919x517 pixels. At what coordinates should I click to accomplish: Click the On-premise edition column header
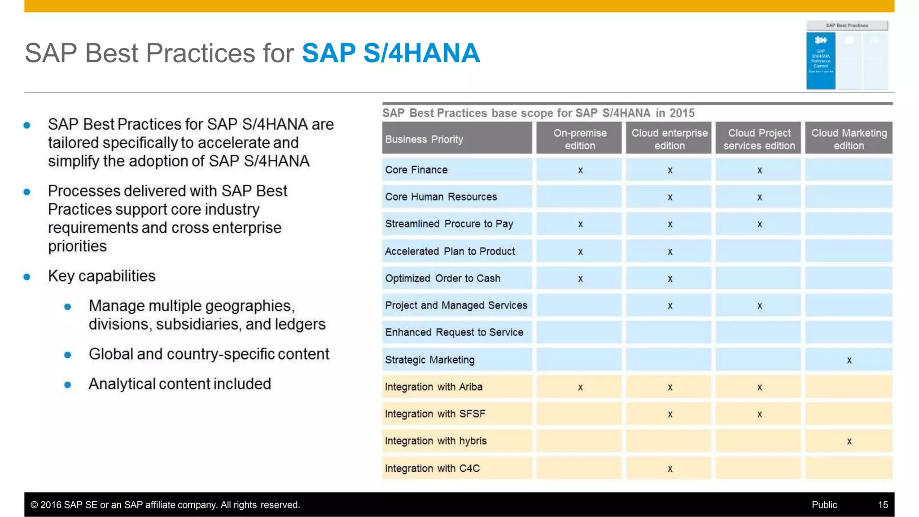tap(579, 139)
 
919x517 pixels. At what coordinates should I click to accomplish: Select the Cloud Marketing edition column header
tap(849, 139)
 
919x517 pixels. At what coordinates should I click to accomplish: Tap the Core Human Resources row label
tap(441, 197)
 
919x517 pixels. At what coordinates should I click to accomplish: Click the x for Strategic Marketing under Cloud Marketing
tap(849, 361)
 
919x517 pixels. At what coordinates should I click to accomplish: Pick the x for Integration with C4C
tap(670, 469)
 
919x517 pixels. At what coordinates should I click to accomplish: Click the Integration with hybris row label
tap(435, 441)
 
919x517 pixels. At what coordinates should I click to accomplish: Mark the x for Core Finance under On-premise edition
tap(580, 170)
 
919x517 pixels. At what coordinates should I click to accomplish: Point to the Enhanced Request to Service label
tap(454, 332)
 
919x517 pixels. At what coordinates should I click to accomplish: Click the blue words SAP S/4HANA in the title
tap(391, 53)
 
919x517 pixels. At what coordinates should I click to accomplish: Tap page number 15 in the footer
tap(883, 505)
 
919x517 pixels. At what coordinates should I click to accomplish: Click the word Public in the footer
tap(824, 505)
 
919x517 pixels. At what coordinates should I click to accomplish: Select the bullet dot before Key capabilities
tap(27, 277)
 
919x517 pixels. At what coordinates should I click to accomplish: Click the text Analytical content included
tap(179, 384)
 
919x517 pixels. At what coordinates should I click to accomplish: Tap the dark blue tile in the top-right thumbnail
tap(820, 61)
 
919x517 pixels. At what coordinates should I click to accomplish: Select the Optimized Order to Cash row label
tap(442, 278)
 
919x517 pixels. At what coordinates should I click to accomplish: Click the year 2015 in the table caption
tap(682, 113)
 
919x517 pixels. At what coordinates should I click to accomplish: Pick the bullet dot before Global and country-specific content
tap(68, 355)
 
